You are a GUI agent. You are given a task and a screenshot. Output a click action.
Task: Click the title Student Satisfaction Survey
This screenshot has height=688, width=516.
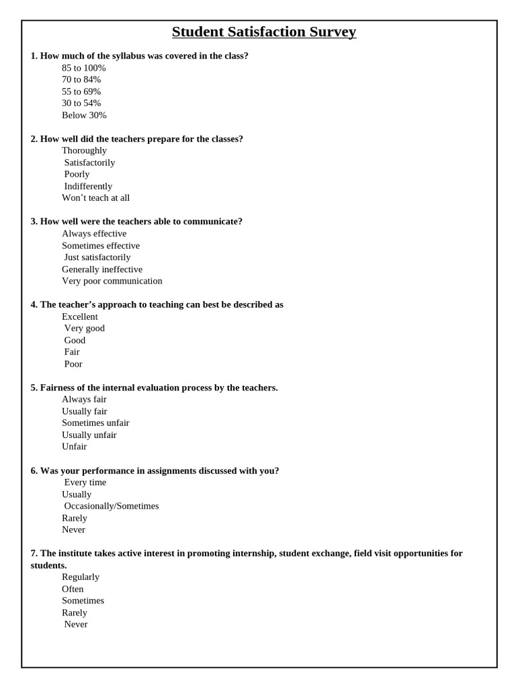263,32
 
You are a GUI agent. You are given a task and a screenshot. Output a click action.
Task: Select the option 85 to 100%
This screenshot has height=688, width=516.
83,68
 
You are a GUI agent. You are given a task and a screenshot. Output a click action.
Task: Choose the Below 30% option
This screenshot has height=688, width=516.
84,115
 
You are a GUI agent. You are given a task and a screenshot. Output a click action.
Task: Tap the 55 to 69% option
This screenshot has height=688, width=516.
81,91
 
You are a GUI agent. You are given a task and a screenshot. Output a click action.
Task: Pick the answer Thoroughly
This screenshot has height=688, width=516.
84,150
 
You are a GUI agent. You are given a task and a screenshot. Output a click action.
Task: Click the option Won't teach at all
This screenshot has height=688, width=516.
95,198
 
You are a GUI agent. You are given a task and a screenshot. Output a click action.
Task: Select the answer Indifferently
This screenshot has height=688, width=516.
88,186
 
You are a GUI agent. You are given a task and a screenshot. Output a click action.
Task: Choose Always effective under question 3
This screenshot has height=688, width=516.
94,234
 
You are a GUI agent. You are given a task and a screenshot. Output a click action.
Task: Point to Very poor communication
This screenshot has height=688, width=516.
112,281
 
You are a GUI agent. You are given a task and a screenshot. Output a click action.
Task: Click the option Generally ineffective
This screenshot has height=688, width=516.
102,269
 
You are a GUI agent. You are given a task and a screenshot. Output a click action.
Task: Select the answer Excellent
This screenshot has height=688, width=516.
79,316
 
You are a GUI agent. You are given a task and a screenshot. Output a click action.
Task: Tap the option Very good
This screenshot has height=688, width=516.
84,329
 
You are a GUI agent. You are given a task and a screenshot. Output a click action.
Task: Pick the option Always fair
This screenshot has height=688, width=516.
84,399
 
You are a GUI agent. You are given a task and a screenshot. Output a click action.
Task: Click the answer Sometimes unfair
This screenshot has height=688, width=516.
95,423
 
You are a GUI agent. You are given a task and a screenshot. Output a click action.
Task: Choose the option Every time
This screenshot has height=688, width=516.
85,482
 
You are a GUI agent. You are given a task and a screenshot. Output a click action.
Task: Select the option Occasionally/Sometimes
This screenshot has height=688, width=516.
112,506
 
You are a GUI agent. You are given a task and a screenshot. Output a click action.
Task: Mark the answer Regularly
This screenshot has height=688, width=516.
80,576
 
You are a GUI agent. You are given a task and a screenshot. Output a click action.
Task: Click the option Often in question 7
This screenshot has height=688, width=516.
73,589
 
